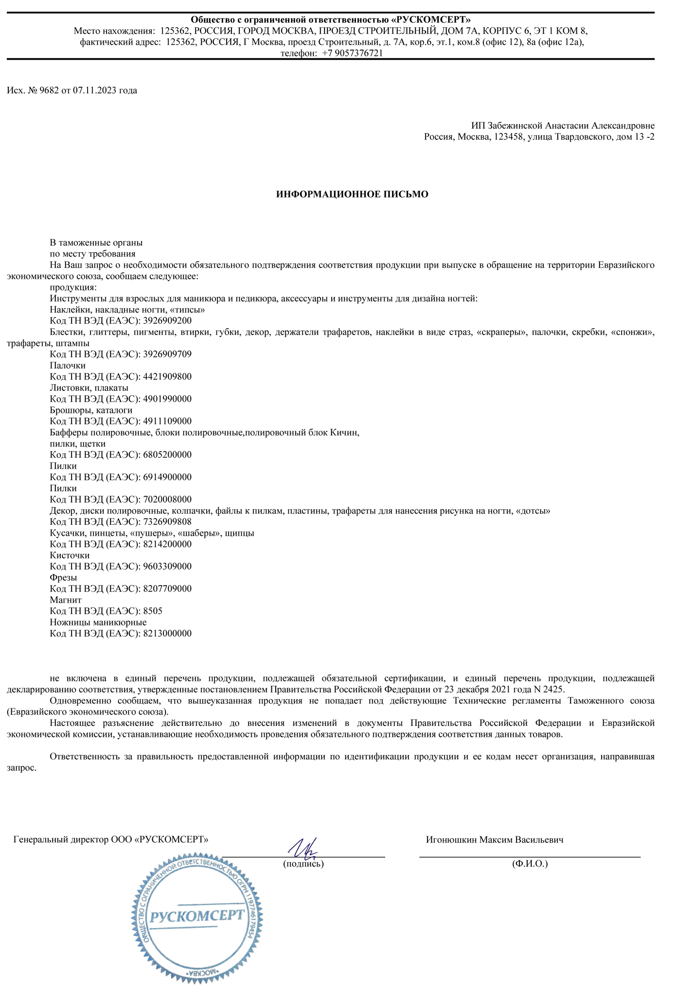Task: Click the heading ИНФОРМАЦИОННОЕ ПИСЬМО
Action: tap(352, 194)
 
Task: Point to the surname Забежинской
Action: tap(516, 125)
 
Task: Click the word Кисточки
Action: tap(70, 555)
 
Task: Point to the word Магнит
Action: tap(65, 600)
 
